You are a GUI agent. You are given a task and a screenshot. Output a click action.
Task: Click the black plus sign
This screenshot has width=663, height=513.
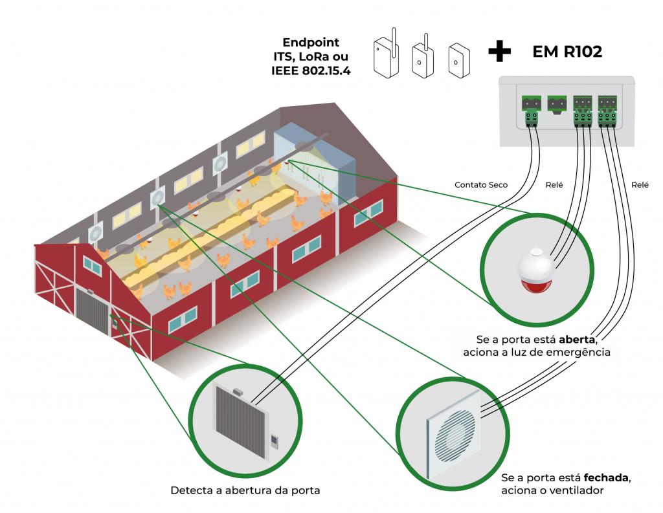coord(499,52)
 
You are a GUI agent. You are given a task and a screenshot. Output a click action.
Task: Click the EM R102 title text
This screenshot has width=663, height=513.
coord(567,52)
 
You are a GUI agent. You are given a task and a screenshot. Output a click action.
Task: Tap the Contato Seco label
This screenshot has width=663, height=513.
coord(481,185)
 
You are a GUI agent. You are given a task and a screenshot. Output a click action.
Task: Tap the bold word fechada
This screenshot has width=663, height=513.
coord(607,478)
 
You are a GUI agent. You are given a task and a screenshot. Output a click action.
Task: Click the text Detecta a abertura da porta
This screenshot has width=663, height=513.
coord(245,490)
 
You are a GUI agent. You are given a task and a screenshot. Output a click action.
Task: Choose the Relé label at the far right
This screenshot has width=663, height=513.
coord(640,185)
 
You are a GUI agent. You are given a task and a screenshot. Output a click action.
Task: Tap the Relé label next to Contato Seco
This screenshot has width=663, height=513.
coord(554,185)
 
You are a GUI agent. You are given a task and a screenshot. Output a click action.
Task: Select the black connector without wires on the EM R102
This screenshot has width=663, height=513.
coord(557,104)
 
